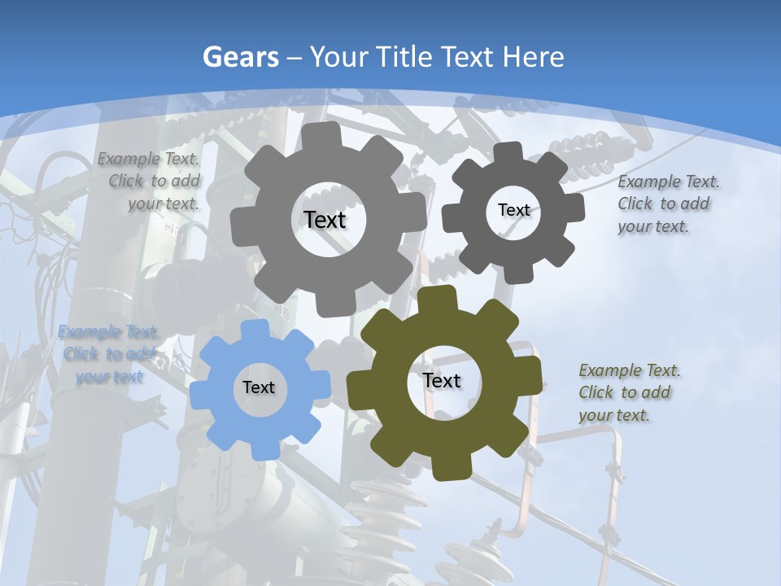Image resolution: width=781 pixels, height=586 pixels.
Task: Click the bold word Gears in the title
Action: tap(240, 57)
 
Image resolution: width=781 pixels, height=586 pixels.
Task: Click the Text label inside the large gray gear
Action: tap(325, 220)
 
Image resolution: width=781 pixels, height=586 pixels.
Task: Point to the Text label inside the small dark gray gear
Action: tap(513, 210)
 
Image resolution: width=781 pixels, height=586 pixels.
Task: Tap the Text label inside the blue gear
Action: tap(259, 387)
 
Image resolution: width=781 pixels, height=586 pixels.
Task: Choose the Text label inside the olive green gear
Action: tap(442, 380)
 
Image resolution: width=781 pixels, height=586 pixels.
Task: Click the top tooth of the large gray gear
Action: tap(326, 135)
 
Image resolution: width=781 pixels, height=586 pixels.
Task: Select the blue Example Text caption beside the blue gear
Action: tap(107, 354)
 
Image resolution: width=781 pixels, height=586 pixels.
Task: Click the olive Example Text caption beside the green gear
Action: tap(629, 392)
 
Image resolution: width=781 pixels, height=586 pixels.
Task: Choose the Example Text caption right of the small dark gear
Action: tap(667, 203)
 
